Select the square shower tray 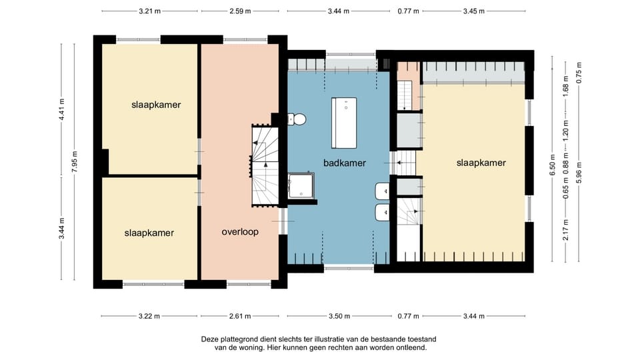point(301,186)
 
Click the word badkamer point(345,163)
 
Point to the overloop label point(240,232)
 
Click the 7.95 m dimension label point(75,161)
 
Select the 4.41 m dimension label point(61,109)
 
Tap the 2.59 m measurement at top point(240,11)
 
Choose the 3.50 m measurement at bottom point(339,316)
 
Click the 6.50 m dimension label point(553,165)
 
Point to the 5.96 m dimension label point(579,173)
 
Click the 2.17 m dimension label point(566,230)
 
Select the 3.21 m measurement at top point(149,11)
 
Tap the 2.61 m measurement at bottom point(240,316)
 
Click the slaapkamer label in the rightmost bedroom point(481,163)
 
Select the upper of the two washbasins point(383,191)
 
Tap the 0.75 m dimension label point(579,73)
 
